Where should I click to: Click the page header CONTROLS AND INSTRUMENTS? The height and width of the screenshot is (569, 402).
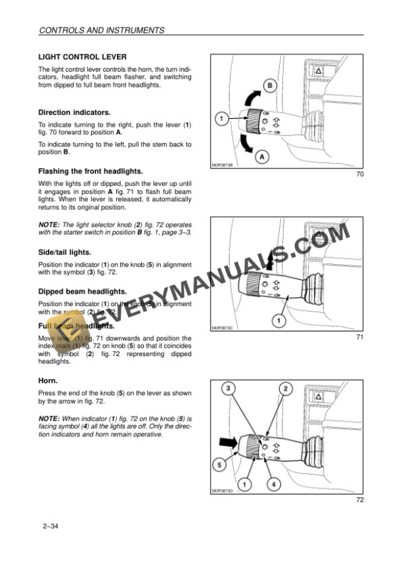click(101, 30)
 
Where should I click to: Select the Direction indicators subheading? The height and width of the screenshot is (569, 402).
click(74, 112)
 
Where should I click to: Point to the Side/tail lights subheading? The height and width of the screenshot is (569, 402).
click(64, 252)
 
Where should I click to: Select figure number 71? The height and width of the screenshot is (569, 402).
click(359, 338)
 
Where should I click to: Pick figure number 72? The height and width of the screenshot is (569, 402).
click(359, 501)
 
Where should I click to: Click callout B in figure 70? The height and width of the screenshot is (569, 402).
click(269, 85)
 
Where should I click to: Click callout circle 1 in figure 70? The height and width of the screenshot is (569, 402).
click(221, 119)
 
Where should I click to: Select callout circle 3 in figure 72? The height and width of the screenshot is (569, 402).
click(228, 389)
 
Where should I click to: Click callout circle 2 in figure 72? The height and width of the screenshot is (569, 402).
click(286, 389)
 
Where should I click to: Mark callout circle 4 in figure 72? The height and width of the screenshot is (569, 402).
click(273, 485)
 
